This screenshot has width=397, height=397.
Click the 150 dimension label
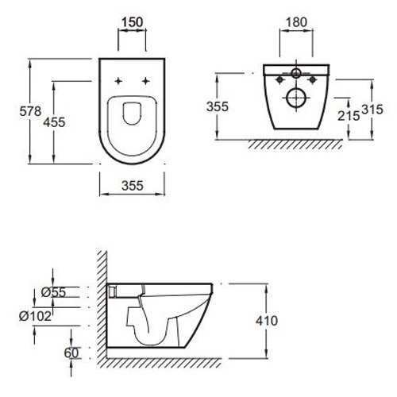pos(132,22)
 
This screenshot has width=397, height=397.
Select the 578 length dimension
pos(30,111)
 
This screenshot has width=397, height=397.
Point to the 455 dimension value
pos(54,122)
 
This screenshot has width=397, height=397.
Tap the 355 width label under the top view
pos(133,186)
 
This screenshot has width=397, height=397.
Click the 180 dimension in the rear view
pos(296,22)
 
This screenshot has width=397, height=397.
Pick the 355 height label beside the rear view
pos(218,106)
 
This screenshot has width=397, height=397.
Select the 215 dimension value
pos(349,116)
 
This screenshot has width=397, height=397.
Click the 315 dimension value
pos(372,110)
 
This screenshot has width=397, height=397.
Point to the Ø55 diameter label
pos(53,292)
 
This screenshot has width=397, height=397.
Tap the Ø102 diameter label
pos(35,316)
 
